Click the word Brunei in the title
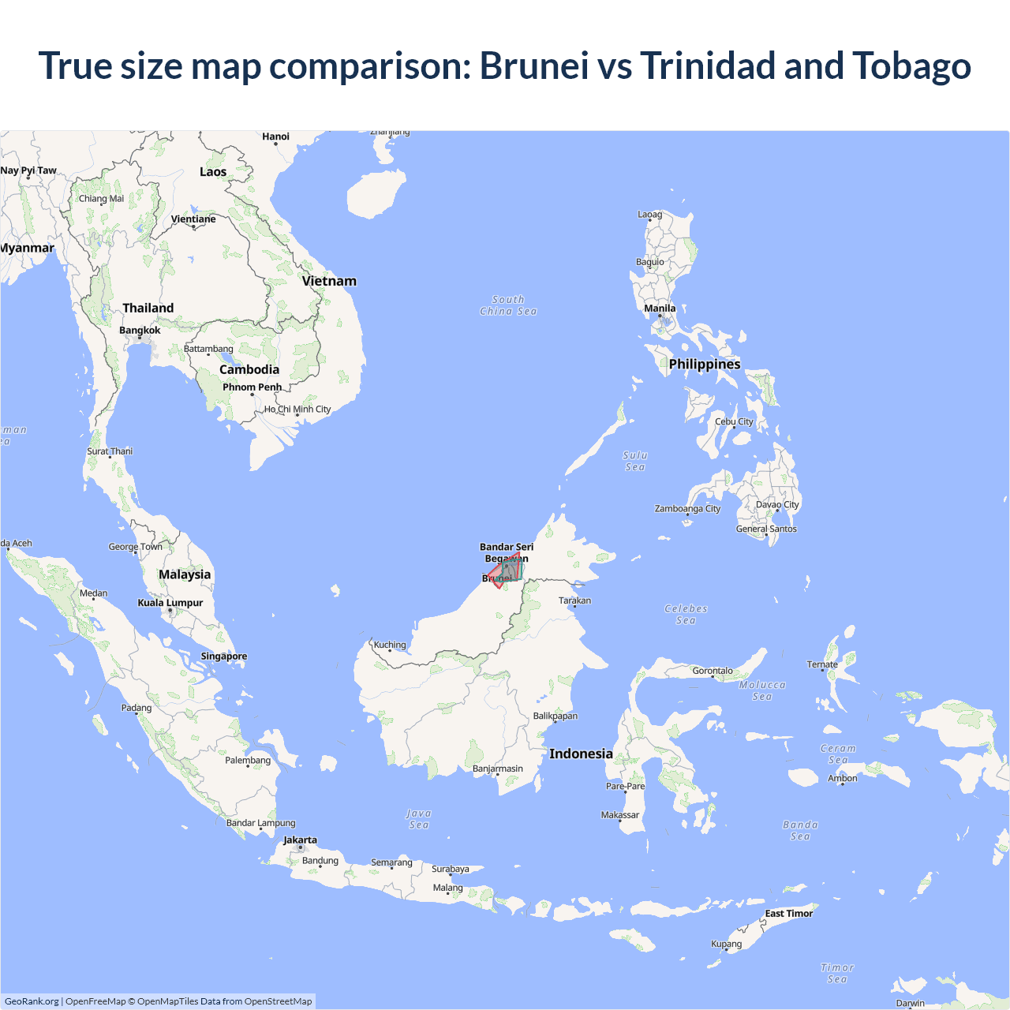click(x=534, y=65)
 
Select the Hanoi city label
click(x=275, y=137)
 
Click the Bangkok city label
click(x=140, y=330)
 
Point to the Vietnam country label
click(x=329, y=281)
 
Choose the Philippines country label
click(x=705, y=364)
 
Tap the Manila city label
click(x=660, y=309)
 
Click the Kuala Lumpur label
click(x=170, y=603)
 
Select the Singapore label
click(x=224, y=656)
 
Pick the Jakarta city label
click(x=300, y=840)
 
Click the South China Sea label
click(x=508, y=305)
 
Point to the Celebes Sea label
click(x=686, y=615)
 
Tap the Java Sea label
click(x=419, y=819)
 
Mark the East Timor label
click(x=788, y=914)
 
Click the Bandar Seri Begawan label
click(x=507, y=552)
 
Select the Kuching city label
click(x=390, y=645)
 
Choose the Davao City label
click(x=777, y=505)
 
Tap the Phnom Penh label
click(x=252, y=387)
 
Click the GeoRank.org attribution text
click(x=32, y=1001)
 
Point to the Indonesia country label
click(x=581, y=754)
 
